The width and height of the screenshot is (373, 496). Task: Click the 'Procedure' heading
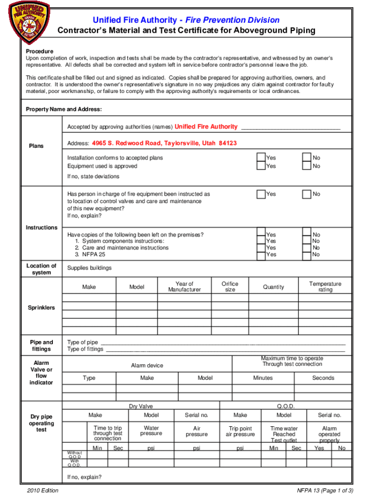pos(39,51)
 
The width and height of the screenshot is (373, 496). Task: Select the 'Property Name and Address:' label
pos(63,109)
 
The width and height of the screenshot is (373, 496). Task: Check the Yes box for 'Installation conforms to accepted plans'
pos(261,157)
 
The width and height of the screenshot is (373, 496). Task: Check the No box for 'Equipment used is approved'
pos(307,166)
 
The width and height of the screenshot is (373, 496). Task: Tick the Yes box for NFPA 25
pos(261,254)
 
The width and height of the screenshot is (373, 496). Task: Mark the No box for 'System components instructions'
pos(307,241)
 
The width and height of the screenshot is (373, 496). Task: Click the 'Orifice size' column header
pos(230,287)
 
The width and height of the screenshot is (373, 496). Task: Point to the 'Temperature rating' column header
pos(325,287)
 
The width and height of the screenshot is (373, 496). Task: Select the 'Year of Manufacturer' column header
pos(184,287)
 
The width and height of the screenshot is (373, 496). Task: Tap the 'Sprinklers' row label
pos(41,308)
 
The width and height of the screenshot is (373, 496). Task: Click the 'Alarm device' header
pos(147,366)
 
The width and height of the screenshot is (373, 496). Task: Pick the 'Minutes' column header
pos(263,378)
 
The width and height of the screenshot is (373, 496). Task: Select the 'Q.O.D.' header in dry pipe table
pos(286,406)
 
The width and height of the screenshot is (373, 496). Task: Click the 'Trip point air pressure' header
pos(240,432)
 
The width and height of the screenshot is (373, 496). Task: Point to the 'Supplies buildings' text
pos(89,268)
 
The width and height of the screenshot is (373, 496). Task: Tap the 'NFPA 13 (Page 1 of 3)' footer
pos(325,491)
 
